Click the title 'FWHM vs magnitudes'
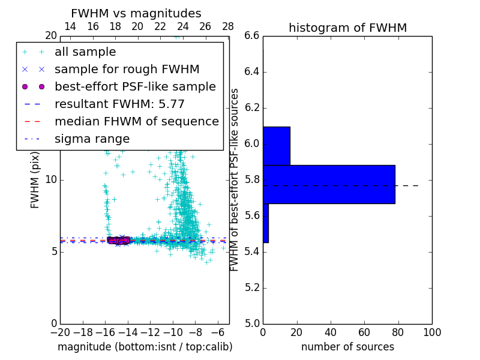coord(136,14)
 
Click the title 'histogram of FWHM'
coord(347,28)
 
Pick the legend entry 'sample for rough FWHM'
coord(127,70)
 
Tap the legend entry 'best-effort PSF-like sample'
coord(135,87)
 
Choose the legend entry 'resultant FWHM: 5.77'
coord(119,104)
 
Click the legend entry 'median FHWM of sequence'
coord(136,122)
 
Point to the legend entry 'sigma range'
coord(92,139)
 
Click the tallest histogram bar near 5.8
coord(329,184)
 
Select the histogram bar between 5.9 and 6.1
coord(277,146)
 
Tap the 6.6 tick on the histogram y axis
coord(251,36)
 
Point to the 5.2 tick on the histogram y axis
coord(251,287)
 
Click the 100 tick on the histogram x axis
coord(432,332)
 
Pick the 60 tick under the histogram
coord(364,332)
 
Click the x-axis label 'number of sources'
coord(347,347)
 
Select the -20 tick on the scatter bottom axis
coord(60,332)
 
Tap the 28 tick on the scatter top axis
coord(228,26)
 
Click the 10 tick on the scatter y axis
coord(51,179)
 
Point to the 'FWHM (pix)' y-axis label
coord(35,179)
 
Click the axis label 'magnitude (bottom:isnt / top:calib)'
coord(145,347)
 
